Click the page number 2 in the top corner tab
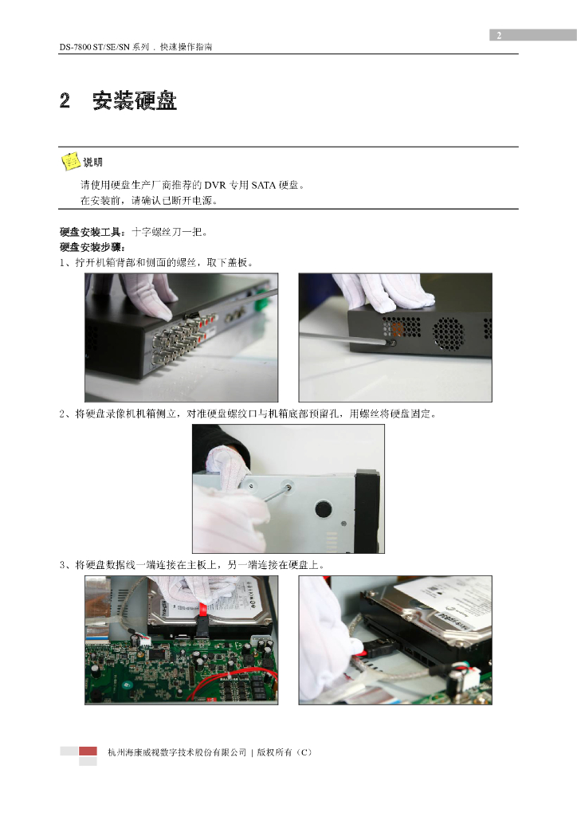pyautogui.click(x=499, y=35)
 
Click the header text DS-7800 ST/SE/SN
pyautogui.click(x=94, y=47)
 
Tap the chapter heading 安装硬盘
pyautogui.click(x=135, y=100)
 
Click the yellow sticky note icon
pyautogui.click(x=70, y=161)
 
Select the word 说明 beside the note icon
pyautogui.click(x=92, y=163)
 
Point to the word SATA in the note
pyautogui.click(x=263, y=185)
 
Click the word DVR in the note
pyautogui.click(x=215, y=185)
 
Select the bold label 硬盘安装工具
pyautogui.click(x=91, y=232)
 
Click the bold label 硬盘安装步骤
pyautogui.click(x=91, y=247)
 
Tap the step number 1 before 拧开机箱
pyautogui.click(x=62, y=263)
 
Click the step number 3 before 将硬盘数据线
pyautogui.click(x=62, y=565)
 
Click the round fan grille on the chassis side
pyautogui.click(x=447, y=333)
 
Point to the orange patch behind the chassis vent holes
pyautogui.click(x=398, y=328)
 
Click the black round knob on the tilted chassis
pyautogui.click(x=323, y=508)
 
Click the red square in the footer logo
pyautogui.click(x=88, y=751)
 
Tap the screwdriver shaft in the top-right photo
pyautogui.click(x=343, y=338)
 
